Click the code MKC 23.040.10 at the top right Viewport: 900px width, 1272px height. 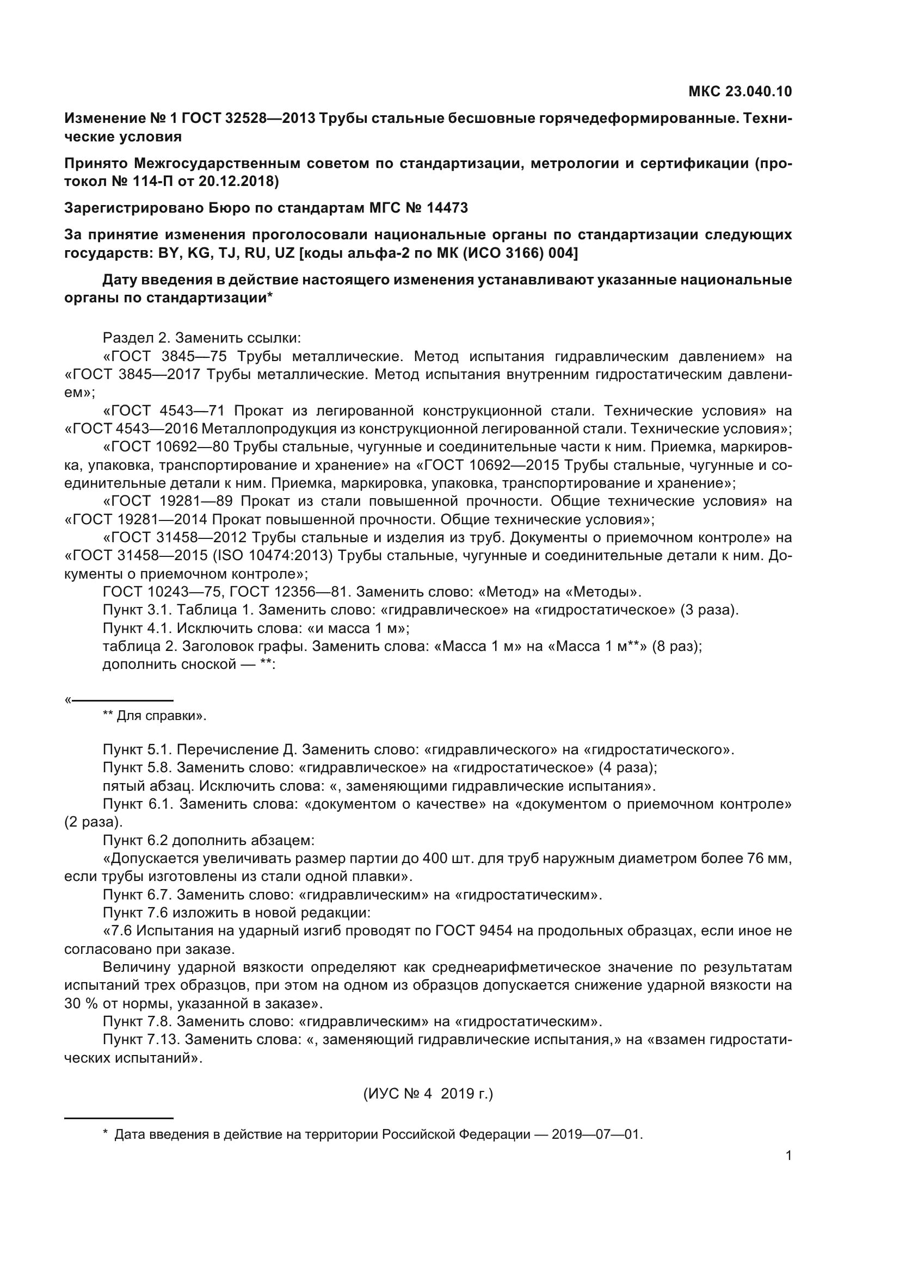[x=740, y=91]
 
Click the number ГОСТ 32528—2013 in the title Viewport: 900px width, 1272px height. [x=248, y=118]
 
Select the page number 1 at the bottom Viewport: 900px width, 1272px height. [x=788, y=1155]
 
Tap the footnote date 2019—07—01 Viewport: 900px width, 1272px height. [x=597, y=1134]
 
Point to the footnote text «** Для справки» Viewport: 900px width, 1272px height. [x=155, y=716]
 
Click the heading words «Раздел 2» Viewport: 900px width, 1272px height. [x=134, y=338]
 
